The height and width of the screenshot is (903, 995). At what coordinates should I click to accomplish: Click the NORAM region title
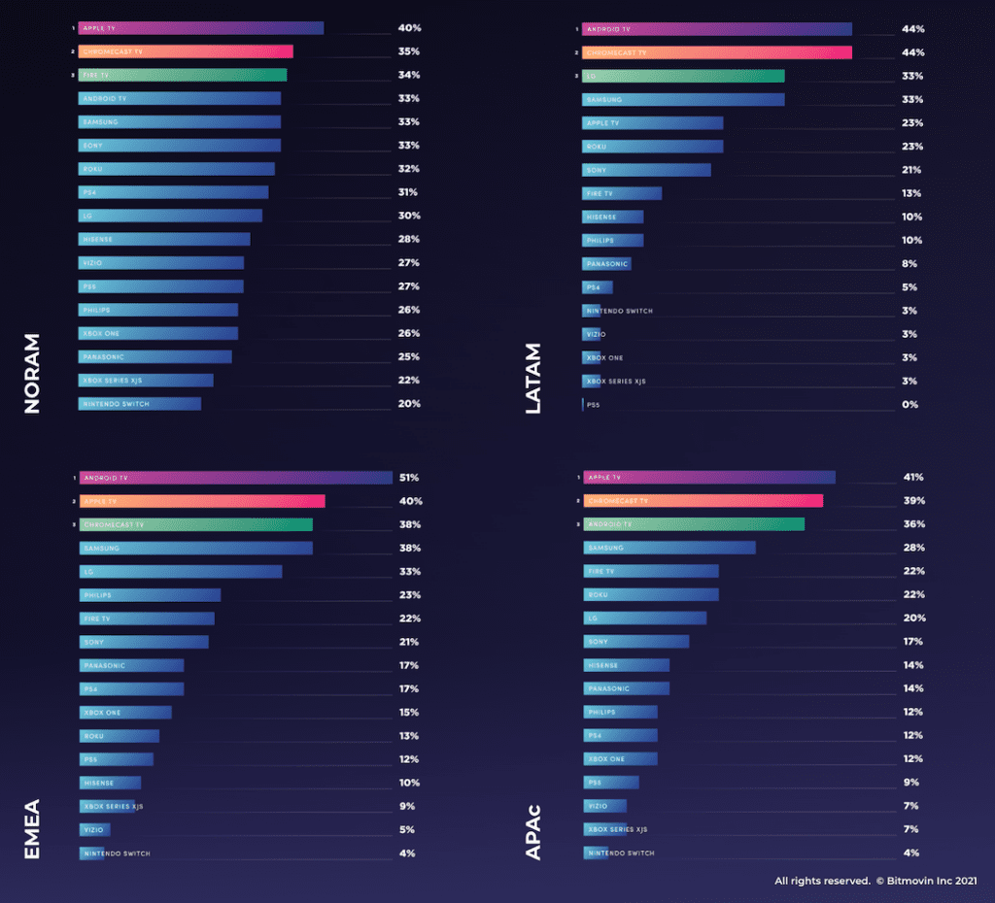coord(32,374)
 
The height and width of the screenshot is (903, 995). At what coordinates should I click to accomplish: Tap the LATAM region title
coord(533,379)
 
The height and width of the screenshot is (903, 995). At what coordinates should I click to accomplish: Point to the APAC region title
coord(533,830)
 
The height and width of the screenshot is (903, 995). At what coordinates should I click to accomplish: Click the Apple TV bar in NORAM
coord(201,28)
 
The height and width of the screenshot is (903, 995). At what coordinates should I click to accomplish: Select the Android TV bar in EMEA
coord(235,478)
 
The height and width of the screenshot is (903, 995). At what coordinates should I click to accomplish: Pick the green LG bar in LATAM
coord(683,76)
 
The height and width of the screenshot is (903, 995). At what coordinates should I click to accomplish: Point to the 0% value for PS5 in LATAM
coord(909,404)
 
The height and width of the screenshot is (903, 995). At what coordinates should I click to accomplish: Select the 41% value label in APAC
coord(912,478)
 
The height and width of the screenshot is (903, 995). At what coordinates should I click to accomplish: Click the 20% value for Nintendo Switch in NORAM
coord(408,404)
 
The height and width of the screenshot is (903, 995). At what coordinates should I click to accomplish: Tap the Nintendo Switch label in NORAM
coord(117,404)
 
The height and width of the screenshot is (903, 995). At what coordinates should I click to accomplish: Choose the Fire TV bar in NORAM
coord(183,75)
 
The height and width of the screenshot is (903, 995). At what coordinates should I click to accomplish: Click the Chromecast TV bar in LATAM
coord(717,52)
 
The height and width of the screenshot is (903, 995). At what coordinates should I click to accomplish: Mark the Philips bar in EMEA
coord(150,595)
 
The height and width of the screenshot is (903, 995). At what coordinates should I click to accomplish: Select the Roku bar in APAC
coord(650,594)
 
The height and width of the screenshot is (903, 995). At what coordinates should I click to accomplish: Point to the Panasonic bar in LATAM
coord(606,263)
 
